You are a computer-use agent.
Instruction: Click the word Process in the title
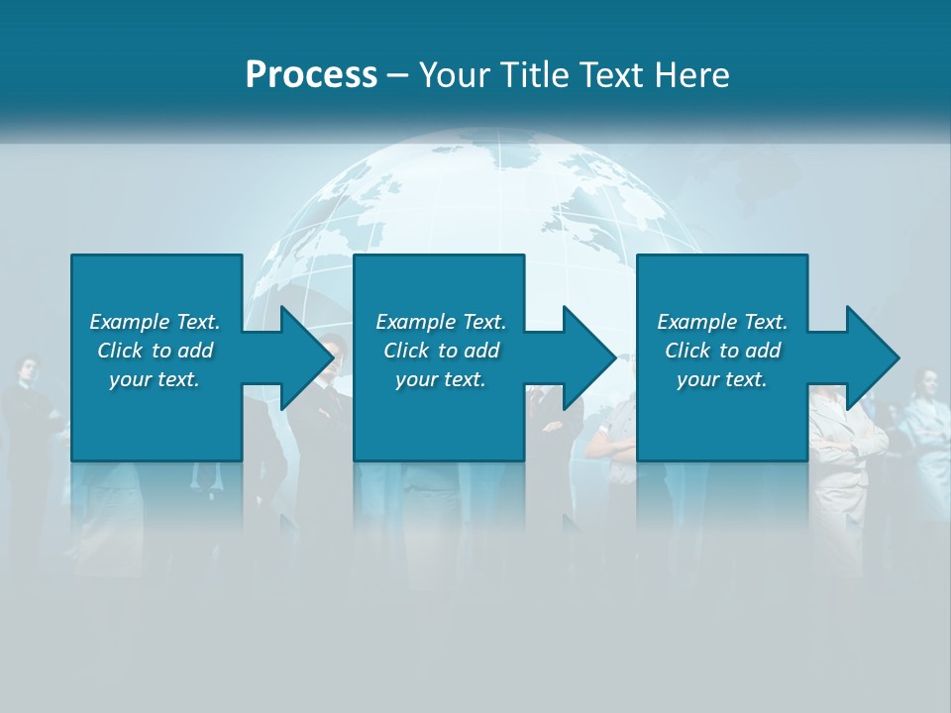[311, 75]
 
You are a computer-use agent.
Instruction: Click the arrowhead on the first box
[303, 357]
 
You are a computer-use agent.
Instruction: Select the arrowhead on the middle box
[586, 357]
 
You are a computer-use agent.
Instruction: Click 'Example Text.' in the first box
[155, 322]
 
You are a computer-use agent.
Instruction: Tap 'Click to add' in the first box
[155, 351]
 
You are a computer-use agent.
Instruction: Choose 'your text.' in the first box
[155, 379]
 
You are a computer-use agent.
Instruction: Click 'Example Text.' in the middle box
[440, 322]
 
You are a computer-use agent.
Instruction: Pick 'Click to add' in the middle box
[440, 351]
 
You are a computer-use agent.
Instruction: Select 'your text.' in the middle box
[440, 379]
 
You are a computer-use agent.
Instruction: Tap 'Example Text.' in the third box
[722, 322]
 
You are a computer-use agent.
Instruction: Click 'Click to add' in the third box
[722, 351]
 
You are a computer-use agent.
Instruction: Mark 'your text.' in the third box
[722, 379]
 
